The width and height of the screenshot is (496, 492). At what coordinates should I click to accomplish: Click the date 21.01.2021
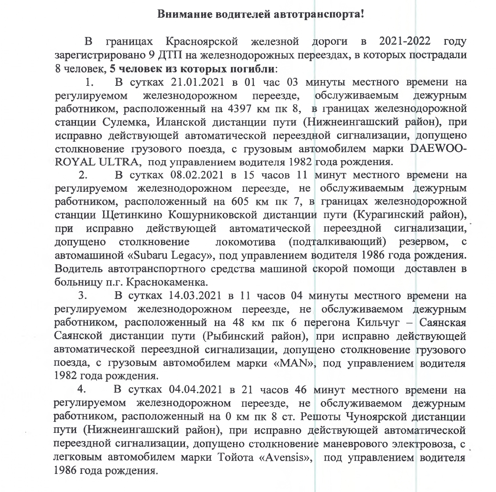pos(196,82)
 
